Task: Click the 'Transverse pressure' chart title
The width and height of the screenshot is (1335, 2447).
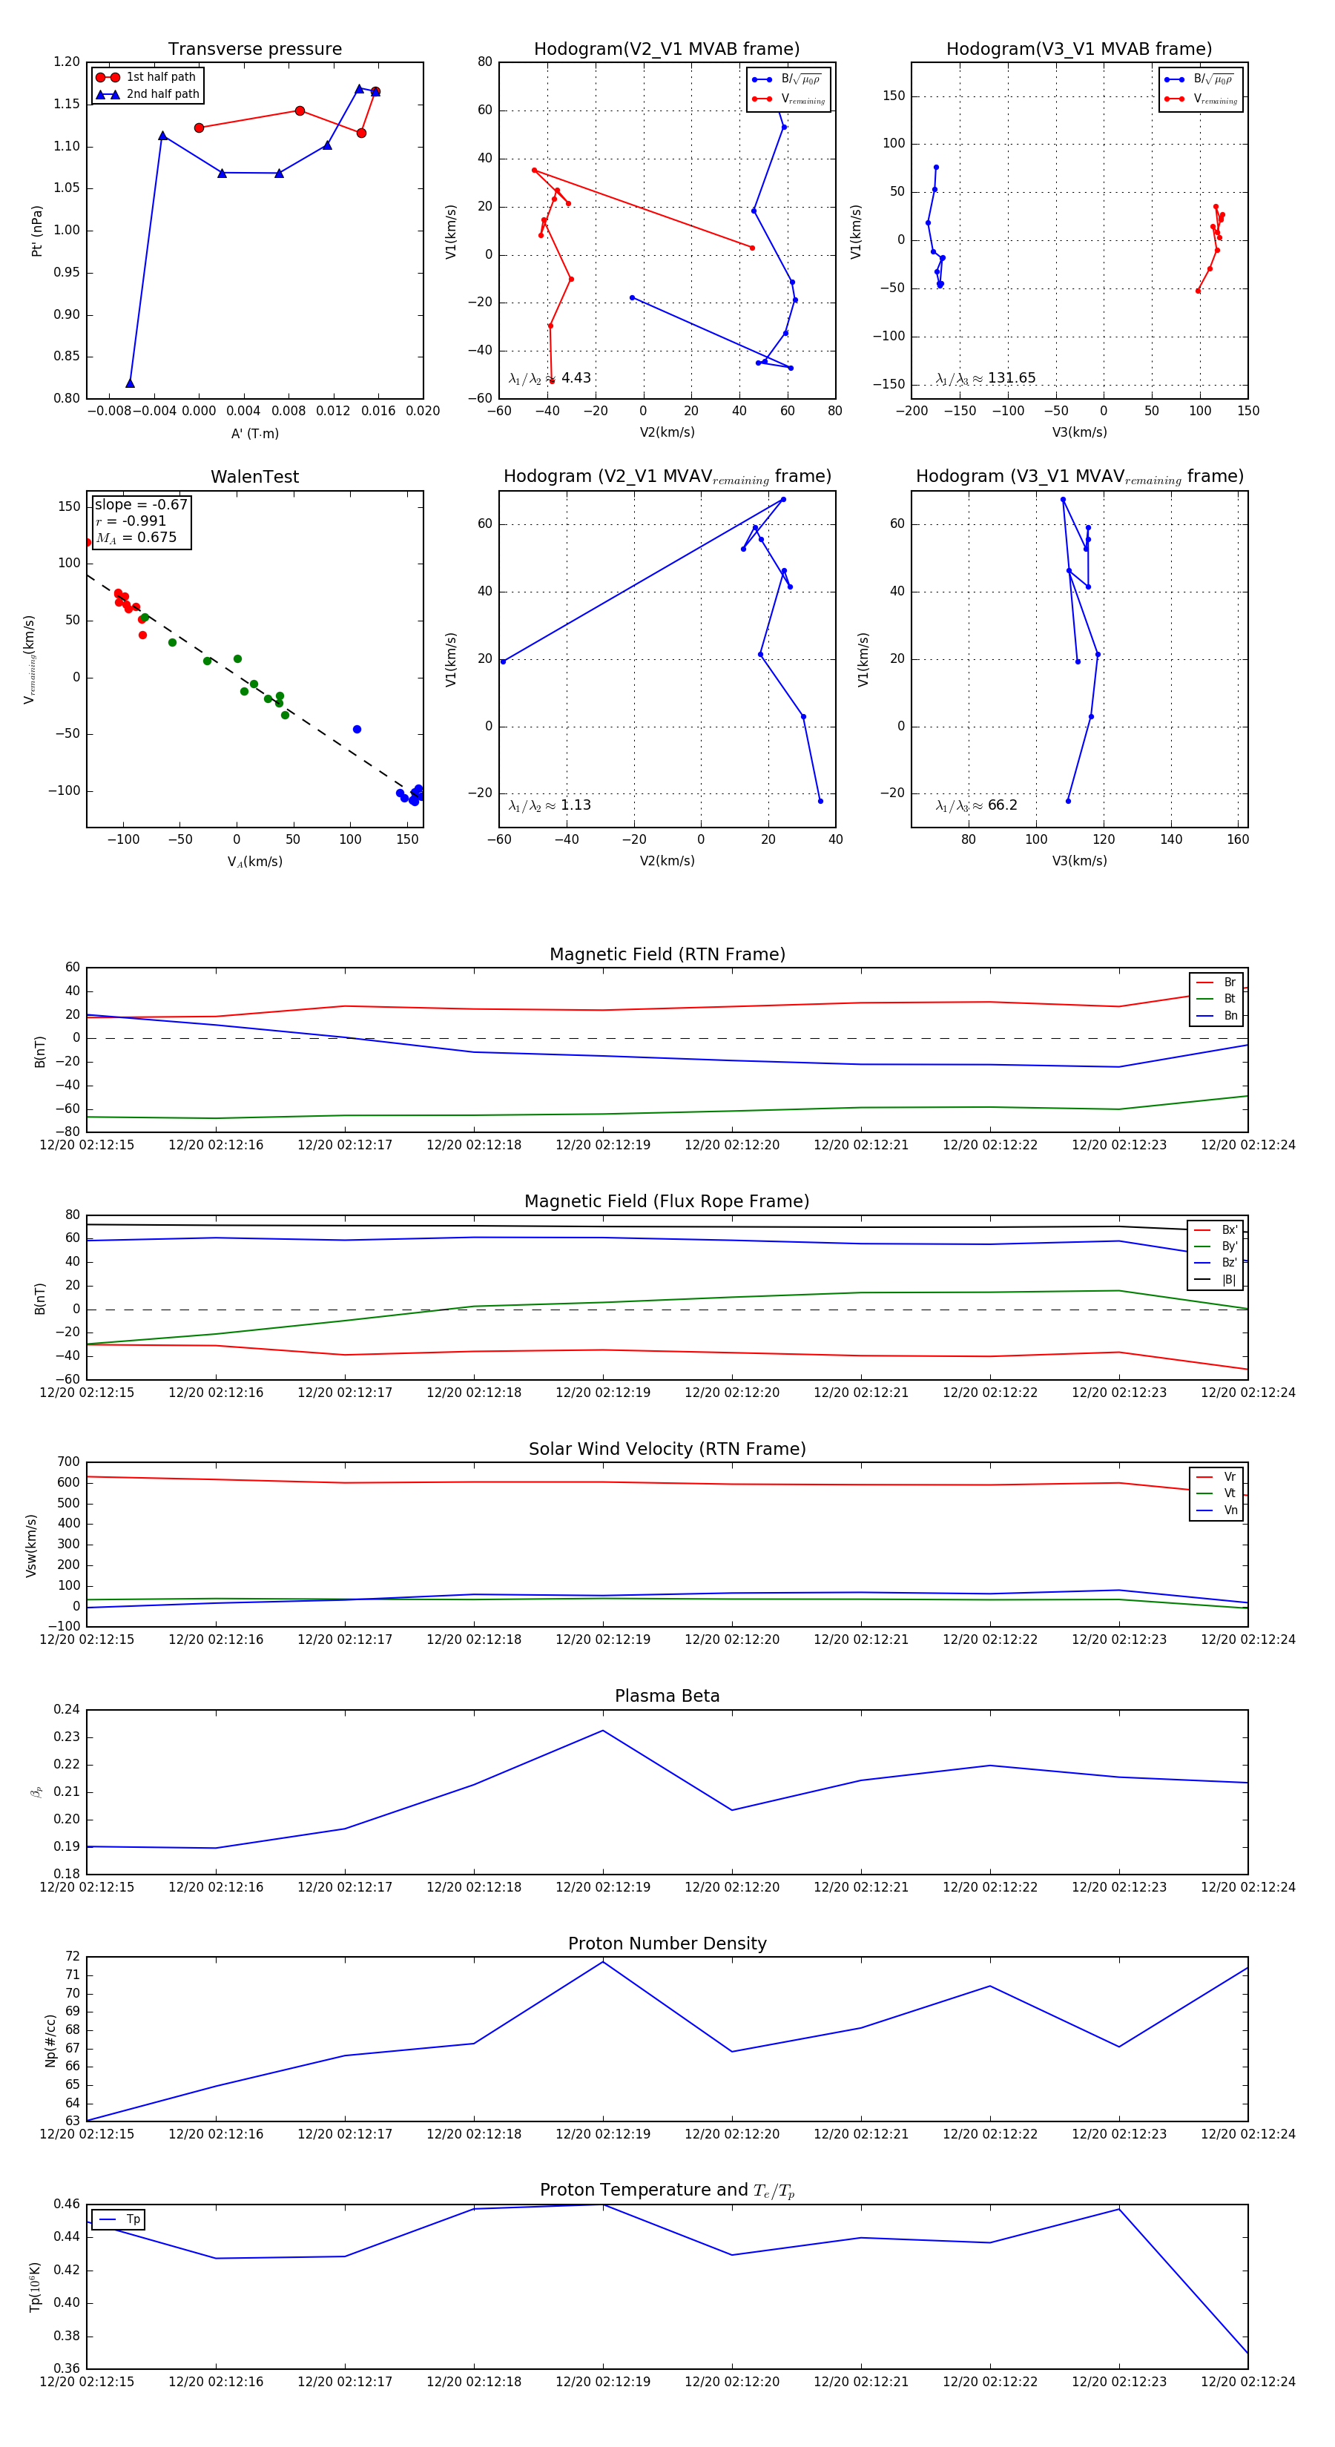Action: (x=254, y=50)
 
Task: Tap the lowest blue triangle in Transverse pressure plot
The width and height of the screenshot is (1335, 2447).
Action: (x=131, y=383)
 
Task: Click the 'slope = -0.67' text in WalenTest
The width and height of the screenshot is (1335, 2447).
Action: (x=141, y=504)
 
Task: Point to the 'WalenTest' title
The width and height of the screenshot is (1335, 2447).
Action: (x=254, y=477)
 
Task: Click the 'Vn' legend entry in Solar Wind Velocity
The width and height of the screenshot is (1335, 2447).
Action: (x=1230, y=1510)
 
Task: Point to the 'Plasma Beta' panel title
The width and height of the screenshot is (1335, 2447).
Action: (x=667, y=1697)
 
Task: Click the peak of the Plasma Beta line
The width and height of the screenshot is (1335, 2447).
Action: (x=602, y=1731)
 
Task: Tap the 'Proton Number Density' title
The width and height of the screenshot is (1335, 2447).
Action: (x=667, y=1944)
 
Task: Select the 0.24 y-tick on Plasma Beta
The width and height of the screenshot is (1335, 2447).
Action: (x=67, y=1710)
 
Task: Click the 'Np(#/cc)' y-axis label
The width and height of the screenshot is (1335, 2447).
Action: (x=50, y=2041)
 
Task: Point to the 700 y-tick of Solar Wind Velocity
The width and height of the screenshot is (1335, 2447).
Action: (x=68, y=1462)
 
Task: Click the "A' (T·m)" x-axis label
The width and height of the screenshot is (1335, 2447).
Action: (x=254, y=433)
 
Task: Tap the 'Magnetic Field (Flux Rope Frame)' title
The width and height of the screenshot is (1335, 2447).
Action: (x=667, y=1202)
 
